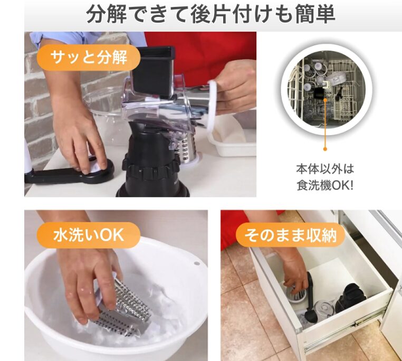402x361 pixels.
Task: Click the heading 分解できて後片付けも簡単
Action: (x=210, y=14)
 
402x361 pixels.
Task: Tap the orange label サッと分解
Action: (x=89, y=58)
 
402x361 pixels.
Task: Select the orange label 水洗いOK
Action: (x=89, y=235)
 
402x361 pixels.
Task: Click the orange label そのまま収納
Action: (x=290, y=235)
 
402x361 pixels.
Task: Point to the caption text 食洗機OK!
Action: (x=325, y=185)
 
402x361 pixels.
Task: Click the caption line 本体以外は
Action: (x=325, y=169)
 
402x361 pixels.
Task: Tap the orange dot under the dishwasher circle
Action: (x=325, y=149)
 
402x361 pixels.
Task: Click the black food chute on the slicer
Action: (x=152, y=72)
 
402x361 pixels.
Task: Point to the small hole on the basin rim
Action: (x=197, y=263)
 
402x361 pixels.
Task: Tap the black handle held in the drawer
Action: (x=311, y=298)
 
